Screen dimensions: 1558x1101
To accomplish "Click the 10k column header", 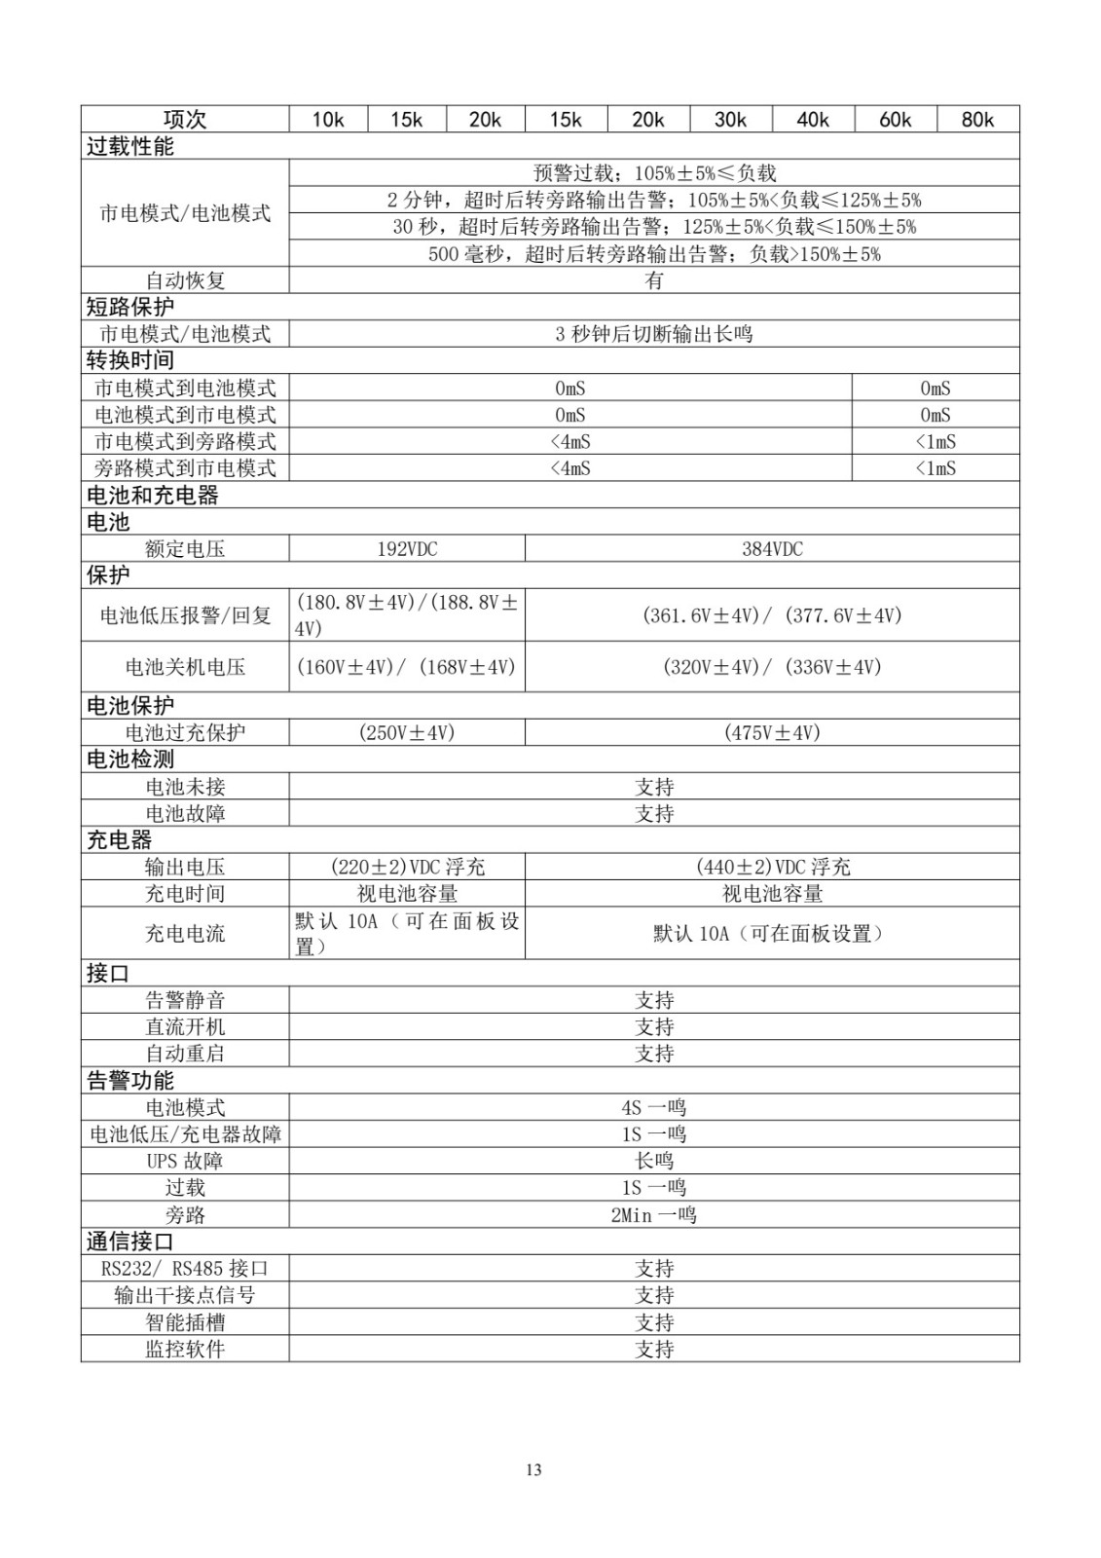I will [328, 120].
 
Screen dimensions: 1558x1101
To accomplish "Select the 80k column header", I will [977, 120].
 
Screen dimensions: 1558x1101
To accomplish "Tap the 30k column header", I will [730, 120].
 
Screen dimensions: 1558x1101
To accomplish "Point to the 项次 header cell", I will [185, 120].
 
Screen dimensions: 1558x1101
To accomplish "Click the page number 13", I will [533, 1469].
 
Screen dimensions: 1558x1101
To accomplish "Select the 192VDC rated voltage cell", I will [407, 549].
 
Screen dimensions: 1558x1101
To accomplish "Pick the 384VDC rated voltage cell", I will [772, 549].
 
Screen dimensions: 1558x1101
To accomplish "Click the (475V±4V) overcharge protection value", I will [772, 733].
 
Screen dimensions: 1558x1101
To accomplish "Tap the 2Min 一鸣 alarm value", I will [654, 1215].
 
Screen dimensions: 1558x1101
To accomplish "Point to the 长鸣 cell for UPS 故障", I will [654, 1161].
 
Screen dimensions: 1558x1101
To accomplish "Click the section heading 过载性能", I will [130, 147].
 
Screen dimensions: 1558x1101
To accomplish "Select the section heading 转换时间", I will [130, 360].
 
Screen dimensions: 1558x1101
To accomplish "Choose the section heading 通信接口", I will [130, 1242].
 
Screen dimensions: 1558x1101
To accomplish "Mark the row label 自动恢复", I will [185, 280].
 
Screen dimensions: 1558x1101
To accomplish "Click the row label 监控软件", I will [185, 1350].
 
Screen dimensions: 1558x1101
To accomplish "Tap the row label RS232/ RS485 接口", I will [185, 1269].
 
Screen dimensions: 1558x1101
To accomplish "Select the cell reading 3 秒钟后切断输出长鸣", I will [654, 334].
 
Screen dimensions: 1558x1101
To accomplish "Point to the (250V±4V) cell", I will [407, 733].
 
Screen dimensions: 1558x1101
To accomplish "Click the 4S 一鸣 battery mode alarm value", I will [654, 1108].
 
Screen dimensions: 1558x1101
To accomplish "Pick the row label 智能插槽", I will [185, 1322].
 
